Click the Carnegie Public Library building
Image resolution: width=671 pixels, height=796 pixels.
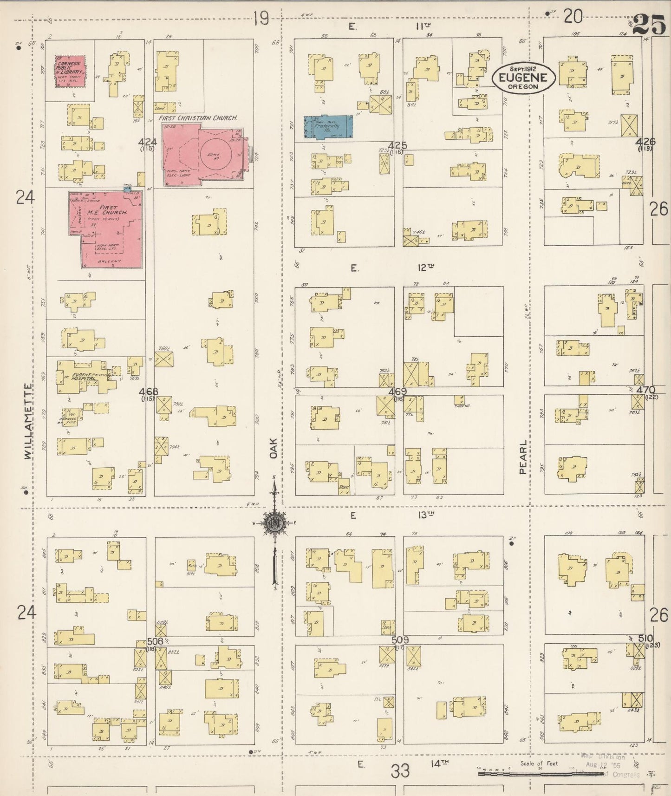point(71,71)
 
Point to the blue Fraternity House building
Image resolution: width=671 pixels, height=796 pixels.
point(328,127)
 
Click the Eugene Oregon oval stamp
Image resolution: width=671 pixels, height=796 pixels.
point(524,79)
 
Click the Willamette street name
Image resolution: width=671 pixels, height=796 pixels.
point(28,421)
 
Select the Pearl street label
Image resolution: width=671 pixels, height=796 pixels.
point(523,457)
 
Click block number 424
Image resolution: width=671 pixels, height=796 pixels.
point(148,142)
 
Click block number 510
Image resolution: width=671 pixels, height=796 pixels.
point(645,638)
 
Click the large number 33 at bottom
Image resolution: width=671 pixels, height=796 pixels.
point(400,772)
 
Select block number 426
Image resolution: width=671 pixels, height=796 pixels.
point(645,143)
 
